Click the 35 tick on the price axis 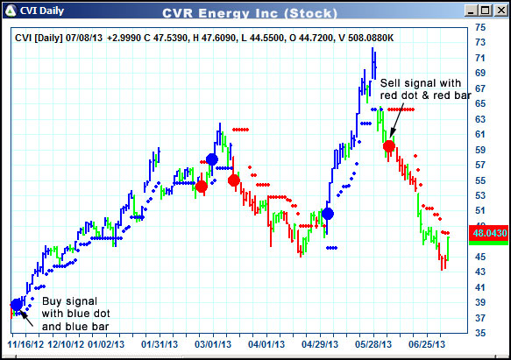[480, 334]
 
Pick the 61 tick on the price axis [480, 134]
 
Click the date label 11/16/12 [26, 346]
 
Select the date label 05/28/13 [375, 346]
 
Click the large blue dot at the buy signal [17, 305]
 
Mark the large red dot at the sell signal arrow [389, 146]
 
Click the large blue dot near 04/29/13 [328, 214]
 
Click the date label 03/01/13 [211, 346]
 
